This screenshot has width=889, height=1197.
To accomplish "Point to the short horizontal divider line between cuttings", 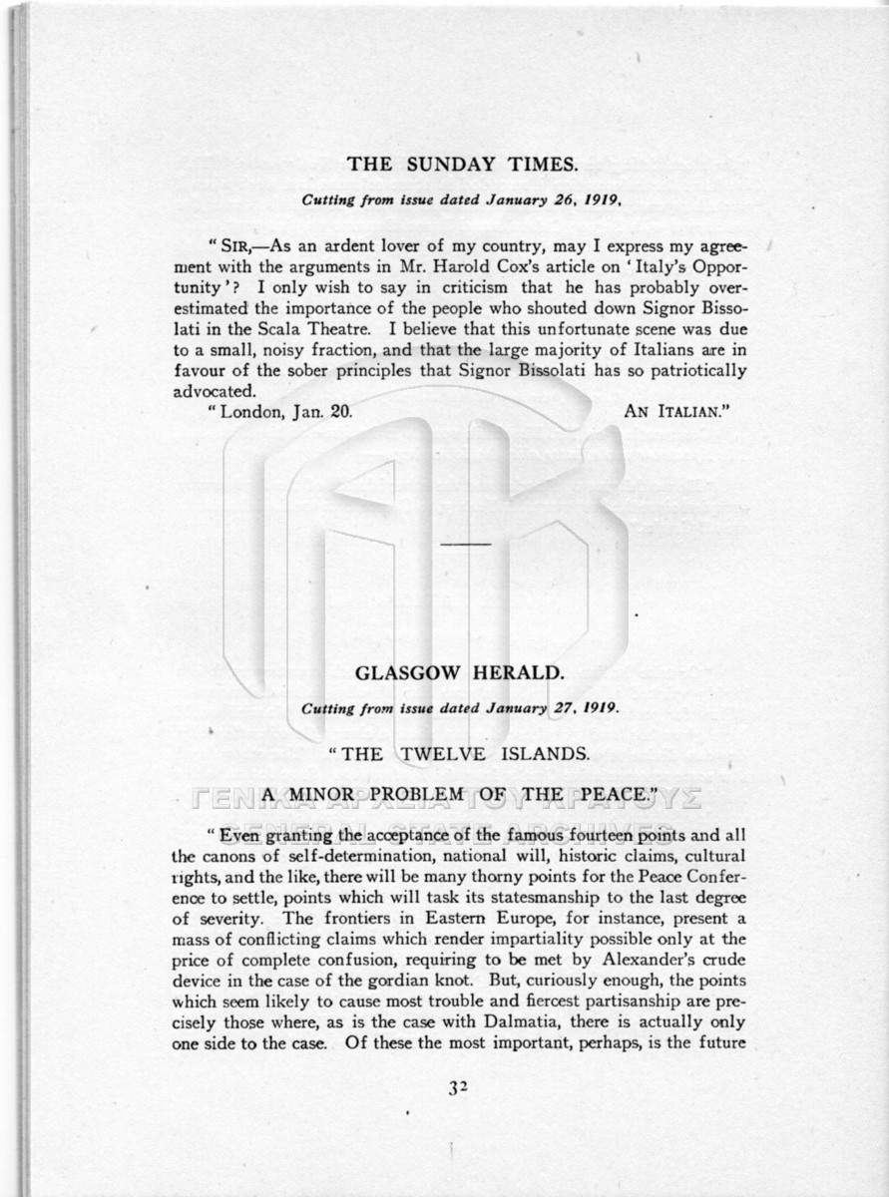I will tap(465, 544).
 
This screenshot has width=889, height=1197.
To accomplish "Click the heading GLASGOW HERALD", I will tap(460, 673).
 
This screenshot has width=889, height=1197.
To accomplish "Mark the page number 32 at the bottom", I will tap(458, 1088).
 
